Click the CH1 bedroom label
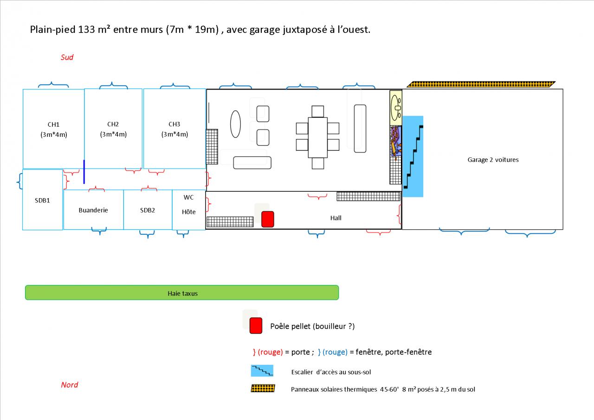[53, 124]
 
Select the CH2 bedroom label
[113, 124]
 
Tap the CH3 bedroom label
[174, 124]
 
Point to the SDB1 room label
[42, 200]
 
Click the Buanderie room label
[93, 210]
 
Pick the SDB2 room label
[148, 210]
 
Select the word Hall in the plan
[336, 218]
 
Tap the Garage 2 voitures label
[493, 160]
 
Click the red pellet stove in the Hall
[268, 219]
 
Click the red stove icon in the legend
[256, 326]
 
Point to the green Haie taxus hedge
[181, 293]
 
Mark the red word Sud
[67, 58]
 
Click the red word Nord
[70, 385]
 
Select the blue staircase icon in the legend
[262, 371]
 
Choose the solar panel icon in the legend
[263, 388]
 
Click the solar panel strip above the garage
[481, 84]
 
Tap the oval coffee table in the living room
[236, 123]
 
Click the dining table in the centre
[318, 137]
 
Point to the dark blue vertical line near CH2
[84, 172]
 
